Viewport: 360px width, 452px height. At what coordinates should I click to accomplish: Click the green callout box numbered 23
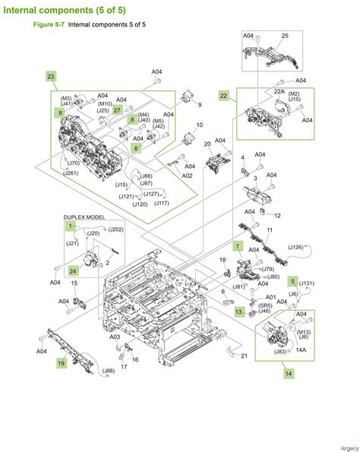point(52,77)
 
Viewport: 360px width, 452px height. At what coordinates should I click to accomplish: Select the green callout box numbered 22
point(223,96)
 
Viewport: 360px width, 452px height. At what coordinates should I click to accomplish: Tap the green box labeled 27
point(118,110)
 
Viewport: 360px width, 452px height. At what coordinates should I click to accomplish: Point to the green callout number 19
point(59,365)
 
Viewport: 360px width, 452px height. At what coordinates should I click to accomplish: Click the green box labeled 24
point(73,270)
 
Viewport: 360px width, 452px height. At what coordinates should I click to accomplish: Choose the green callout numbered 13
point(238,311)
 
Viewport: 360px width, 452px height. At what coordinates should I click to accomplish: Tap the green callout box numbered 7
point(238,247)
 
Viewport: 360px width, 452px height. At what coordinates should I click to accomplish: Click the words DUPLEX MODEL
point(84,217)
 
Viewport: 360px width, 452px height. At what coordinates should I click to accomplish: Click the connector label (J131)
point(306,283)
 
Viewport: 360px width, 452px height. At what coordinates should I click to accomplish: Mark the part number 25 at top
point(286,36)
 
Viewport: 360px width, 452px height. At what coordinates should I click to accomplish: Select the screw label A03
point(114,337)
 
